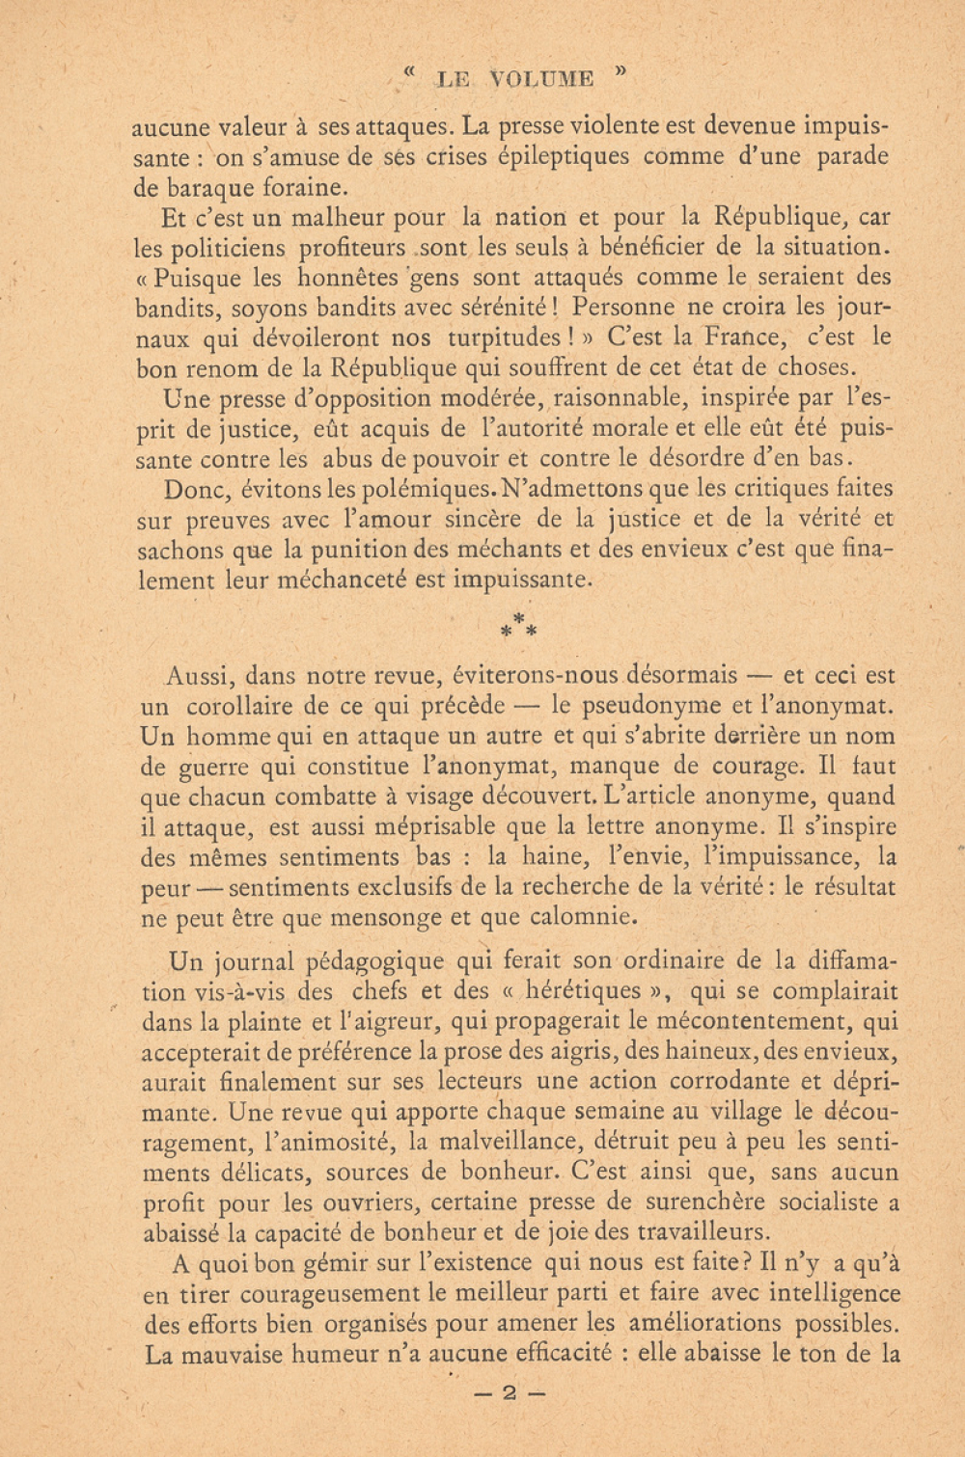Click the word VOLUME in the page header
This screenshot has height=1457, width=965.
(541, 79)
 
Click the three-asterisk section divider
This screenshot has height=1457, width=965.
(518, 626)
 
